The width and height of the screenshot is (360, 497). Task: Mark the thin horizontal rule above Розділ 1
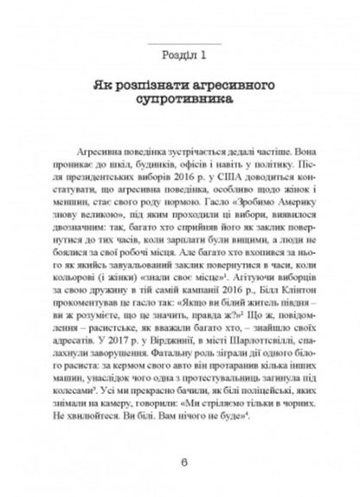pyautogui.click(x=180, y=42)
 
